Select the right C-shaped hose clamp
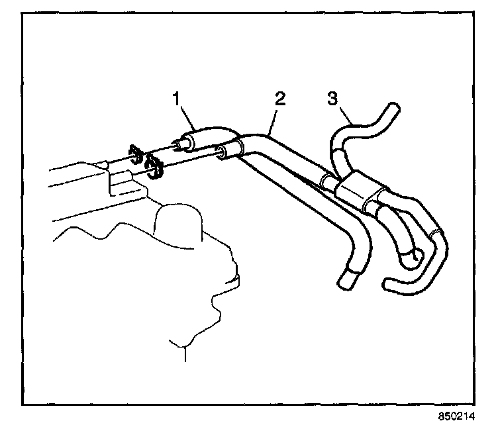pyautogui.click(x=155, y=166)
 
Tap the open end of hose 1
pyautogui.click(x=179, y=145)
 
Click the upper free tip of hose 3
pyautogui.click(x=393, y=108)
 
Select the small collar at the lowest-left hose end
pyautogui.click(x=347, y=277)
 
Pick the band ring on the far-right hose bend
pyautogui.click(x=434, y=233)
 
